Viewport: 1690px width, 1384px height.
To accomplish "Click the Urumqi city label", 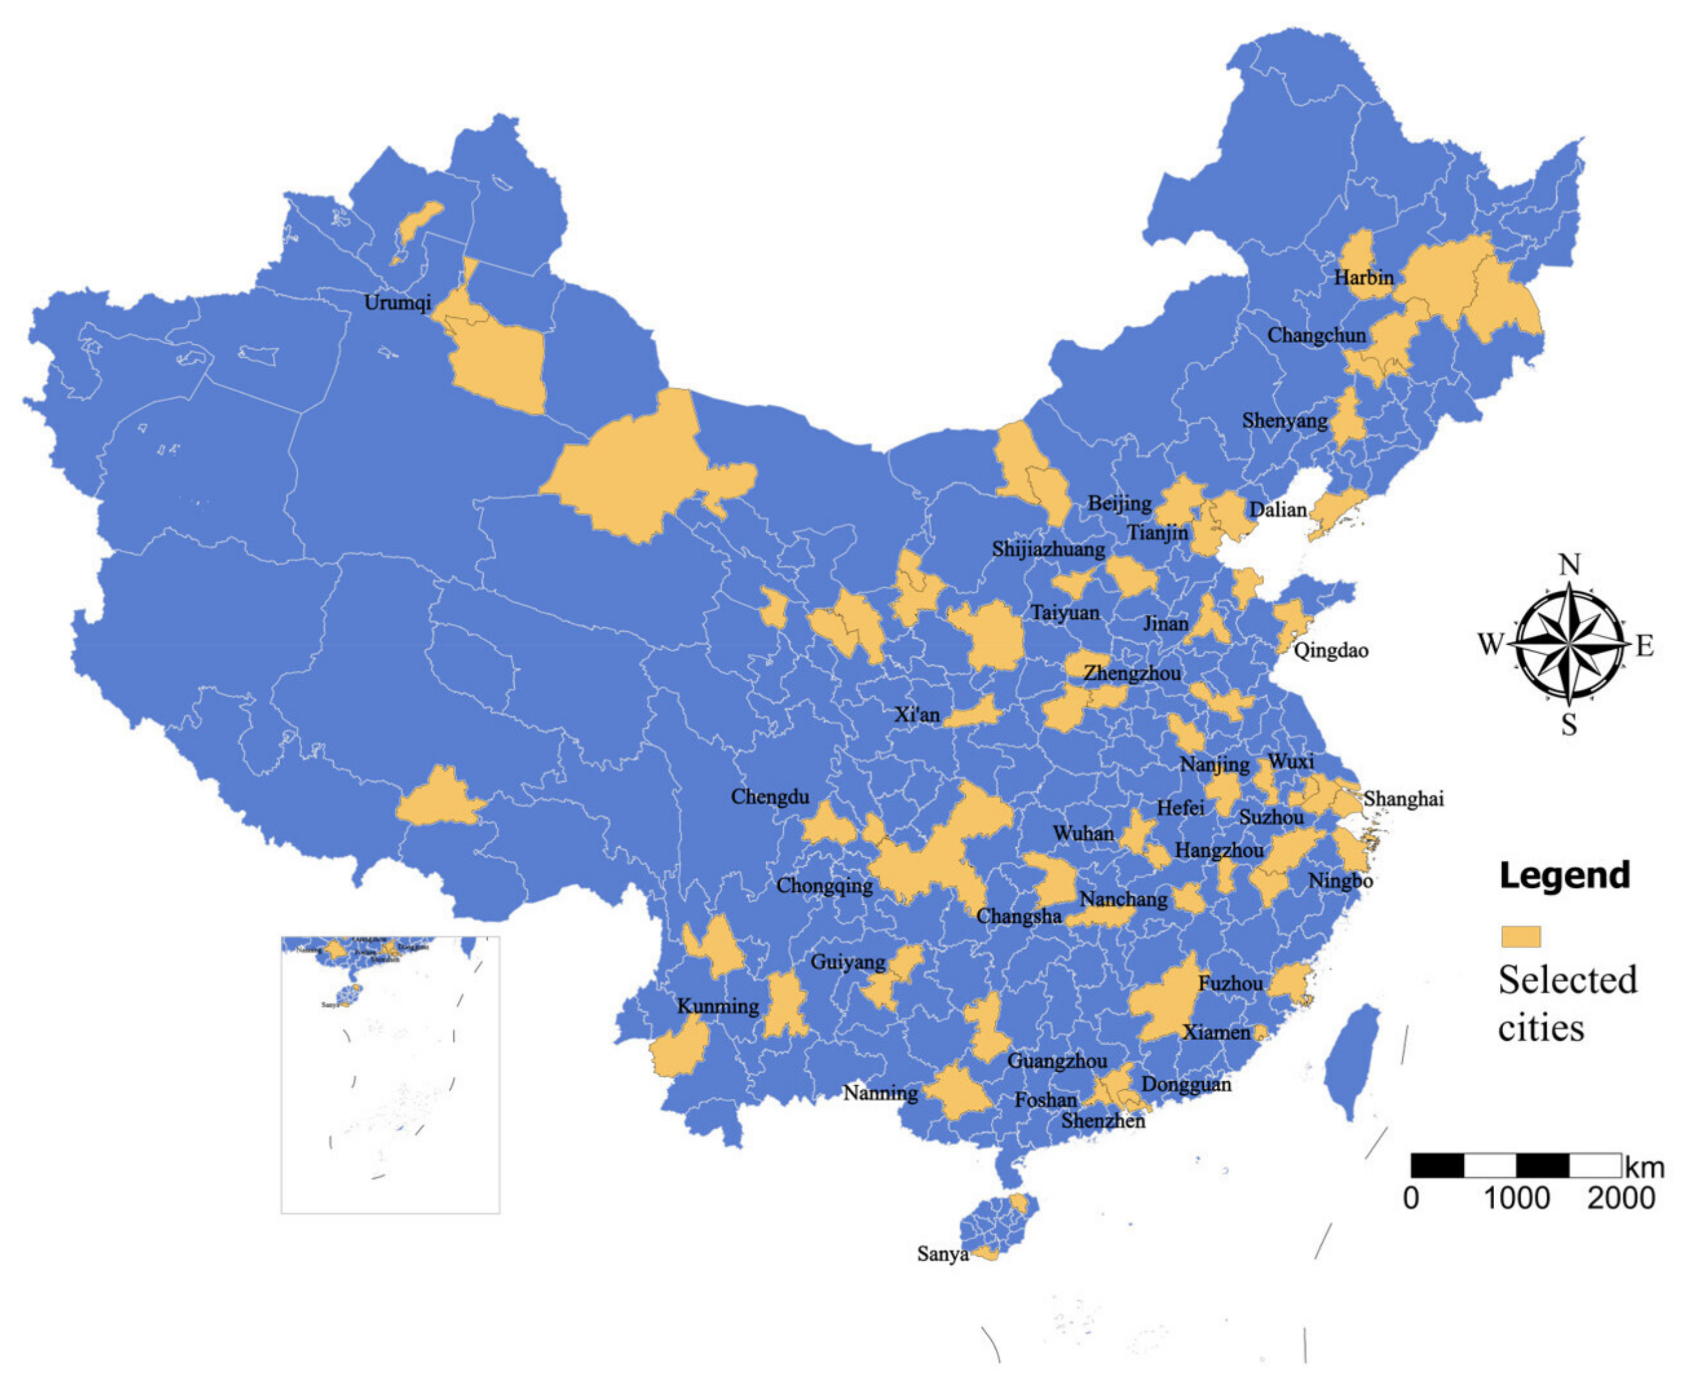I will click(397, 302).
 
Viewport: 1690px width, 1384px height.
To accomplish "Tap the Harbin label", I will click(1363, 277).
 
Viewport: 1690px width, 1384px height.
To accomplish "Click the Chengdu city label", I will click(769, 797).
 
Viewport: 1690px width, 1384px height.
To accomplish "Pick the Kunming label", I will click(717, 1005).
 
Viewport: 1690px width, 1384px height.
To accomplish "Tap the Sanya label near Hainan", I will click(942, 1254).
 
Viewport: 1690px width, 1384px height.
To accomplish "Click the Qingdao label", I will click(1330, 650).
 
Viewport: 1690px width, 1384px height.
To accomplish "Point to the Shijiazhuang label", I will click(1048, 549).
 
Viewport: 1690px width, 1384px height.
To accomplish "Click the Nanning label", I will click(880, 1092).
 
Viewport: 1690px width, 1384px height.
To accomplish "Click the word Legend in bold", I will click(1564, 875).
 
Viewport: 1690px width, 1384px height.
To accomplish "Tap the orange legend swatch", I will click(1520, 936).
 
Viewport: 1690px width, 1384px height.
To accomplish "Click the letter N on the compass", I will click(1569, 564).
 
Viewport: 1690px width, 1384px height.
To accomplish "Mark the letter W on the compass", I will click(1490, 644).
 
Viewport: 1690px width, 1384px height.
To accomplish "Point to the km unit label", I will click(1644, 1168).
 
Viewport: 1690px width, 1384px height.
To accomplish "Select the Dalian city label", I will click(1277, 509).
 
